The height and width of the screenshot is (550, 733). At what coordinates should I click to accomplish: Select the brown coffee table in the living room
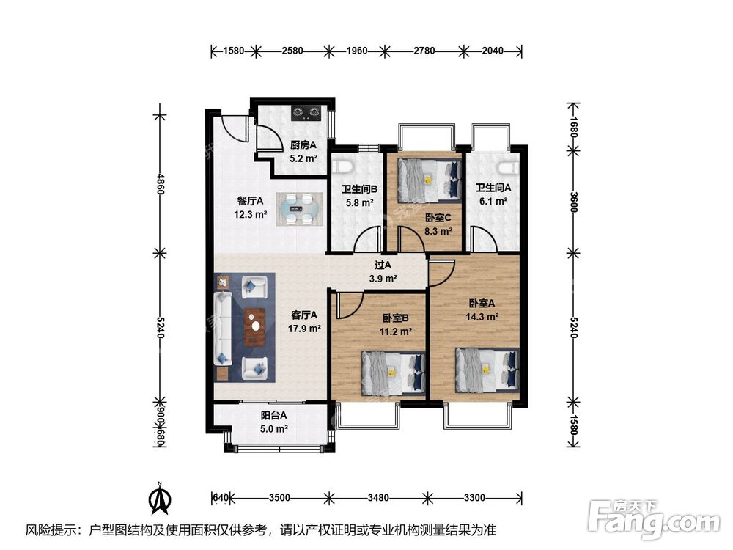pos(254,326)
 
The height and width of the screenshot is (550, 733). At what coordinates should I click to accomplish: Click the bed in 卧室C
pos(429,180)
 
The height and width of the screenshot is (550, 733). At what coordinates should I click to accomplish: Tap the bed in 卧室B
pos(394,371)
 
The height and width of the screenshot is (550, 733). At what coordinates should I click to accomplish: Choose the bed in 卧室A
pos(487,369)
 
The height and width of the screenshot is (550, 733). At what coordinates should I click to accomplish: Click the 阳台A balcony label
pos(274,415)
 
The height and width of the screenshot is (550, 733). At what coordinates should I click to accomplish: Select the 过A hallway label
pos(383,265)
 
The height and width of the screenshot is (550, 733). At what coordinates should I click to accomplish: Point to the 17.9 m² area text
pos(304,329)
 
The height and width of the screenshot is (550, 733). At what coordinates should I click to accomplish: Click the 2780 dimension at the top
pos(424,50)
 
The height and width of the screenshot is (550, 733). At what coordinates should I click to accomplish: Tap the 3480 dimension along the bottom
pos(377,498)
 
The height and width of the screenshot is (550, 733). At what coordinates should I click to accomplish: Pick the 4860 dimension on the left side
pos(161,183)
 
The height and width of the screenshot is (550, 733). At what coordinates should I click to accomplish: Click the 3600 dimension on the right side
pos(574,202)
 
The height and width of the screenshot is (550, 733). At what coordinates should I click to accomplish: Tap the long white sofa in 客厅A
pos(223,329)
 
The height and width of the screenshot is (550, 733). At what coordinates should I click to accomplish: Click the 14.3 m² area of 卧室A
pos(482,317)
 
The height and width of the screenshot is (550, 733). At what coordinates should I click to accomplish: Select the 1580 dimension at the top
pos(234,50)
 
